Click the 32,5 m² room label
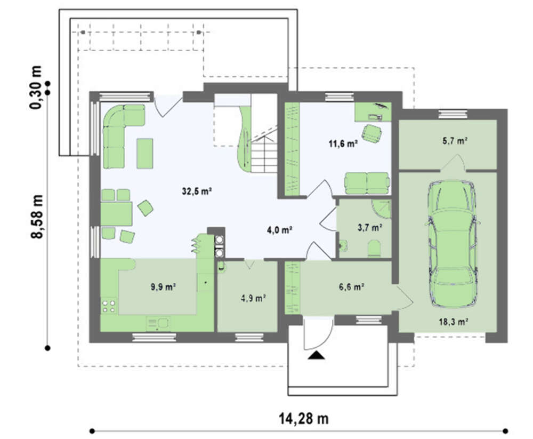click(x=197, y=191)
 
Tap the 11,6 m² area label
click(x=343, y=143)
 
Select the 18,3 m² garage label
click(x=454, y=321)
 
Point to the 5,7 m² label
click(x=455, y=140)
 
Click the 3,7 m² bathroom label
click(x=370, y=227)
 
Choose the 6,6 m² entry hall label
click(x=351, y=287)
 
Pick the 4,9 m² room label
click(x=253, y=299)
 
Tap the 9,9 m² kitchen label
click(x=163, y=287)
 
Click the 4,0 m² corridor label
click(x=280, y=230)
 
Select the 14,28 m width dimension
click(x=304, y=418)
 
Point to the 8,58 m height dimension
click(x=37, y=217)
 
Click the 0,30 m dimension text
click(x=36, y=87)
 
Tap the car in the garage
click(x=452, y=244)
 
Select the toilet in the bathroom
click(x=374, y=248)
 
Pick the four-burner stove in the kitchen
click(x=109, y=306)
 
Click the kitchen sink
click(x=158, y=324)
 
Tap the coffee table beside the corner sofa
click(x=145, y=153)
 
